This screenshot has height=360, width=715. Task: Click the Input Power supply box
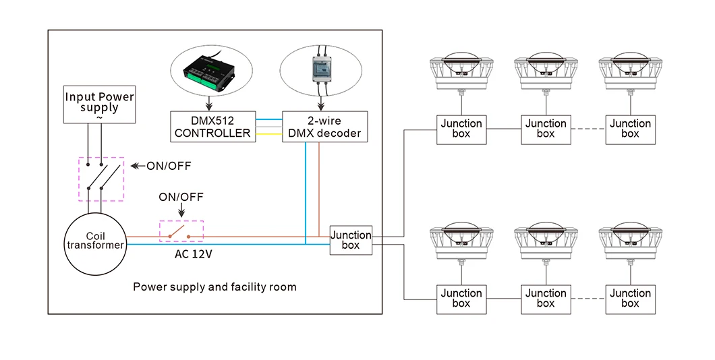99,104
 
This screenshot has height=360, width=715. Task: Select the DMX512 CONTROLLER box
212,126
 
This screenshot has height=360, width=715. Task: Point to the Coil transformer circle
95,241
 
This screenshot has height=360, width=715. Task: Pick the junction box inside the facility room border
351,241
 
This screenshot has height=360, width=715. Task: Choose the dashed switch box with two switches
102,179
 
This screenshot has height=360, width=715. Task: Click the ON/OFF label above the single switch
181,197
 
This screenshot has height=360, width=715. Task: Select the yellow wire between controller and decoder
268,133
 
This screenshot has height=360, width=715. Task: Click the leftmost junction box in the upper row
461,128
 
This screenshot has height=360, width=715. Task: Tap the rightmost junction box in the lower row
630,298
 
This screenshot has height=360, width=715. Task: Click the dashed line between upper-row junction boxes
588,128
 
